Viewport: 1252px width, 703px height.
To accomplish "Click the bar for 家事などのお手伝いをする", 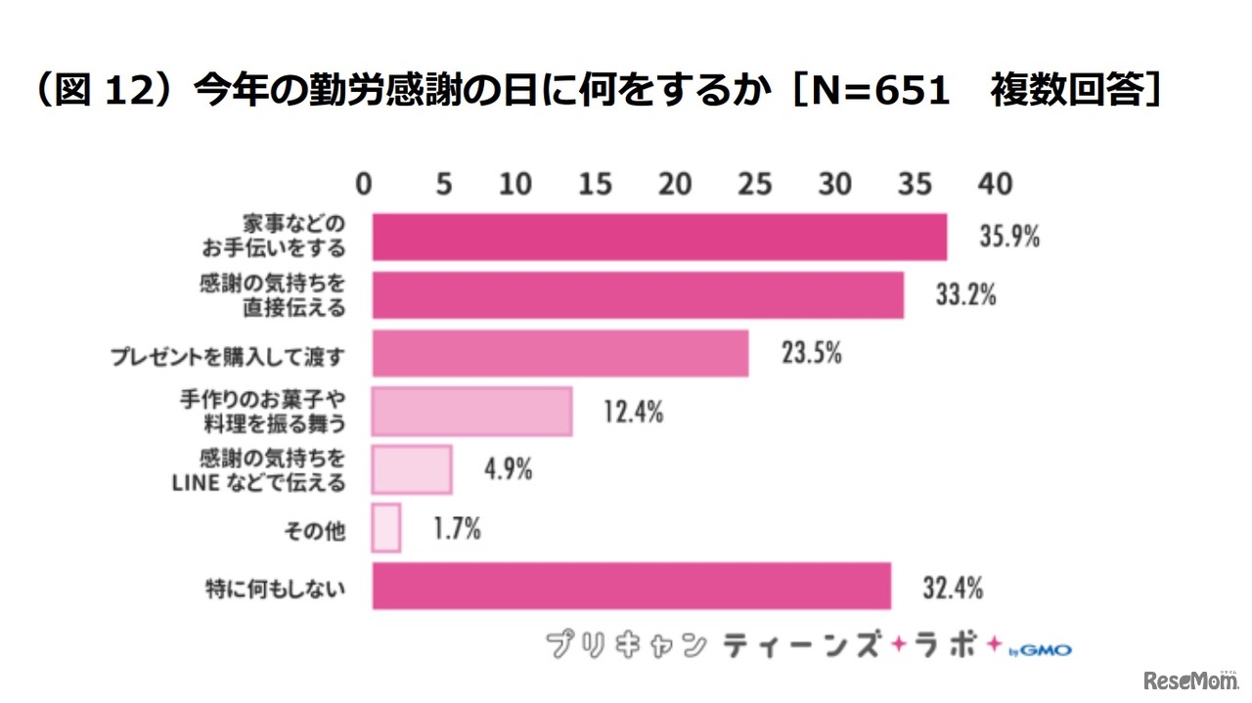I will pos(659,237).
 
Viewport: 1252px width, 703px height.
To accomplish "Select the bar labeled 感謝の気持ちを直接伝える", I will pos(638,295).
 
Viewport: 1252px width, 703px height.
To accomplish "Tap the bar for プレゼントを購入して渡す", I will pos(560,354).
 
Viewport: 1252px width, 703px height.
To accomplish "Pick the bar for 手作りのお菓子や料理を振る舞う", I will pos(471,412).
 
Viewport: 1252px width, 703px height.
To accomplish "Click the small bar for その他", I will pos(386,529).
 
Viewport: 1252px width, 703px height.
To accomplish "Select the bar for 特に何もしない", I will pos(631,587).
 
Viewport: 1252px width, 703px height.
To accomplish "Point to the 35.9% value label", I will pos(1008,237).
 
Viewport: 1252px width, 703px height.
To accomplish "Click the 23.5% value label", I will pos(811,354).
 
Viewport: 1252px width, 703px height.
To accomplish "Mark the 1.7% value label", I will pos(457,529).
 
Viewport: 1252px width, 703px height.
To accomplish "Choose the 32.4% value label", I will pos(953,589).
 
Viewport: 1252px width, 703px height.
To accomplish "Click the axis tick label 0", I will pos(364,184).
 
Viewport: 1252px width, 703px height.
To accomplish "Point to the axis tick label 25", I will pos(754,184).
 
